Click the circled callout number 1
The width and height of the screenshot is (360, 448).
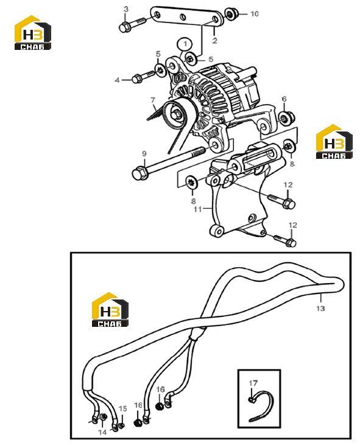pos(185,44)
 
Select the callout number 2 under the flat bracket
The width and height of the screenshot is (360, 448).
pos(215,40)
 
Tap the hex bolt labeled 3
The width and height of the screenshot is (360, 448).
pos(132,24)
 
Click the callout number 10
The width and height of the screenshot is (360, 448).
pos(254,14)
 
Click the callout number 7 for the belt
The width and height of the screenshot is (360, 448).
pos(153,100)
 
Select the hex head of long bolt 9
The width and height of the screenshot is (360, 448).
pos(140,173)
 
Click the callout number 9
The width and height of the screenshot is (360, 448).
pos(144,154)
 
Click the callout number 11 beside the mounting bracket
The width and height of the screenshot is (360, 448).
pos(197,209)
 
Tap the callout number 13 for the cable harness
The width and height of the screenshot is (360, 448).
pos(320,308)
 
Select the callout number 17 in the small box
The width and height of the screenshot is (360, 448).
pos(253,383)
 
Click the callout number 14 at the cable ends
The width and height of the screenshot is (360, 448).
pos(102,432)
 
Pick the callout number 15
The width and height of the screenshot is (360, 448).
pos(122,409)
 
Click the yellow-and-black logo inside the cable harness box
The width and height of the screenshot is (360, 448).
pos(110,310)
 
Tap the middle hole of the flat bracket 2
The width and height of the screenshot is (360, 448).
pos(182,17)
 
